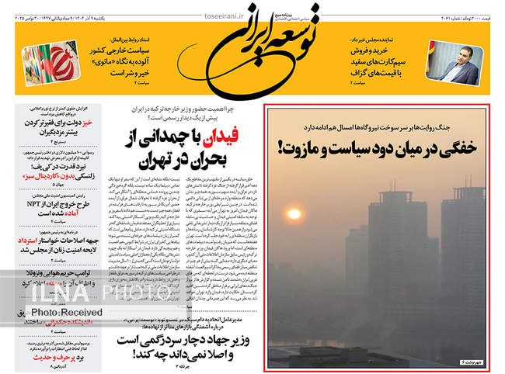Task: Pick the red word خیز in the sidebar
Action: pos(88,122)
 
